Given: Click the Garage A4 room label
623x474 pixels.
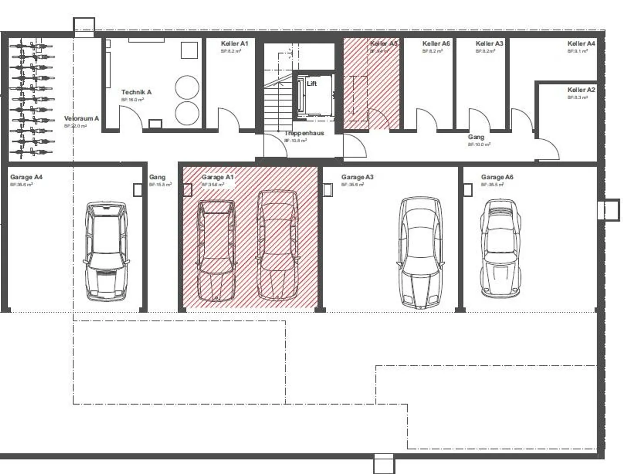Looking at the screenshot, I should pyautogui.click(x=26, y=177).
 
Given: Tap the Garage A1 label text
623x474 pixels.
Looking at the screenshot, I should pyautogui.click(x=218, y=177).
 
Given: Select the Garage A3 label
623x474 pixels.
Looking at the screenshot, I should pyautogui.click(x=357, y=177).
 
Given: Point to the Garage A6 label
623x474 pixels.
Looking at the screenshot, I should pyautogui.click(x=497, y=177).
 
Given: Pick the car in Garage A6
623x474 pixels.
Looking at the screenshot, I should pyautogui.click(x=501, y=248).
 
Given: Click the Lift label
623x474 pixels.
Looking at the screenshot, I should pyautogui.click(x=312, y=83).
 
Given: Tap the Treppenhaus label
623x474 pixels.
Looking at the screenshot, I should pyautogui.click(x=304, y=133).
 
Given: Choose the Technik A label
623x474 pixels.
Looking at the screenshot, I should pyautogui.click(x=136, y=92).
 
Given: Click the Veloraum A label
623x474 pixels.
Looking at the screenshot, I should pyautogui.click(x=81, y=118).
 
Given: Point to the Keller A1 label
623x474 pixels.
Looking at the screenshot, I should pyautogui.click(x=234, y=44).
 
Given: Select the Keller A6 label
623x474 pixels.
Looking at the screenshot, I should pyautogui.click(x=436, y=44).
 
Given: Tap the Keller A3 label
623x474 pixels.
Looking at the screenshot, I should pyautogui.click(x=489, y=44).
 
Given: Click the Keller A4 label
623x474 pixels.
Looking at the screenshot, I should pyautogui.click(x=581, y=44).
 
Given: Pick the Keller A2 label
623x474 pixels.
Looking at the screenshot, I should pyautogui.click(x=581, y=90).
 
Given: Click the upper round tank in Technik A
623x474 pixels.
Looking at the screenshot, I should pyautogui.click(x=187, y=87).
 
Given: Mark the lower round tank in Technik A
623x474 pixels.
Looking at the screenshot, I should pyautogui.click(x=187, y=113).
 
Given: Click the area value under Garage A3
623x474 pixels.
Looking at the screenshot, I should pyautogui.click(x=352, y=185).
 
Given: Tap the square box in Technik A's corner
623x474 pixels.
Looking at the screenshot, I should pyautogui.click(x=189, y=50).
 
